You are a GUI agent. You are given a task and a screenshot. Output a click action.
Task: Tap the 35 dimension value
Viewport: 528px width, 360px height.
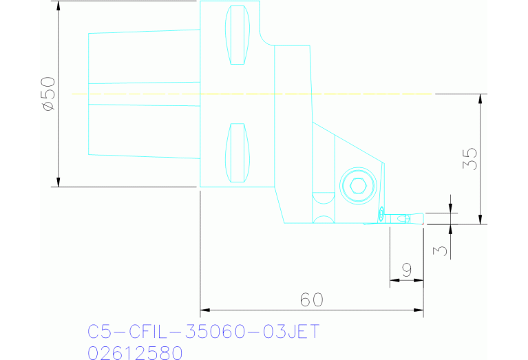pos(471,159)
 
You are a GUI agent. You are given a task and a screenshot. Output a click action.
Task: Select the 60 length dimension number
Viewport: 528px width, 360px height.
pos(311,300)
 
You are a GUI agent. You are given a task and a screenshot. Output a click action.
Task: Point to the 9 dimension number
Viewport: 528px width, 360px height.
pos(406,270)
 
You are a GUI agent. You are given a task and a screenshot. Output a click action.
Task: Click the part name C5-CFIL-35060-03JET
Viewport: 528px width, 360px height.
pos(204,332)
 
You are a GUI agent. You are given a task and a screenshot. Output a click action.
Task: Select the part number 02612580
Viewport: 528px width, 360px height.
pos(135,352)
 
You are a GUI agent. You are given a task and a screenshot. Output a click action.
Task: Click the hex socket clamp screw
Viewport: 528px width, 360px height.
pos(357,185)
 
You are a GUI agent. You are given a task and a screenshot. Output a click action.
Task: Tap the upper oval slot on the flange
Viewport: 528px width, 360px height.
pos(237,34)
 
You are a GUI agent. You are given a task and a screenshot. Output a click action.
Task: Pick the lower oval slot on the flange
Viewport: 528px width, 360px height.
pos(237,153)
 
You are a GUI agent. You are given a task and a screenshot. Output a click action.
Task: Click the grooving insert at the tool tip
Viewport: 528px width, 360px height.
pos(399,219)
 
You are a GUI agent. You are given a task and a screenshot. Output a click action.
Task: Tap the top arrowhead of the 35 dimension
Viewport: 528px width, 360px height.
pos(481,98)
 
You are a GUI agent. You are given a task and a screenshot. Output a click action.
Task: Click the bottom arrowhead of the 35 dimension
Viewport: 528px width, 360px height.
pos(481,220)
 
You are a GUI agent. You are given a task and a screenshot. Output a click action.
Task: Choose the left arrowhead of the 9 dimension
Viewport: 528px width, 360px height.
pos(394,280)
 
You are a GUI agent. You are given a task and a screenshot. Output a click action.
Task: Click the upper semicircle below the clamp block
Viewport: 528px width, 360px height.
pos(321,198)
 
